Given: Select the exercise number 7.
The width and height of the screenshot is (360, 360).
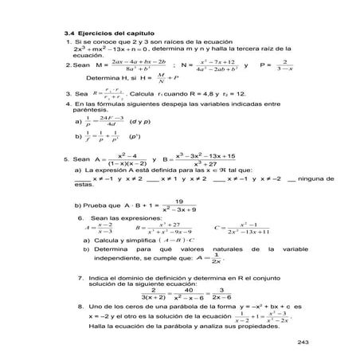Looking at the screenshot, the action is tap(82, 278).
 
